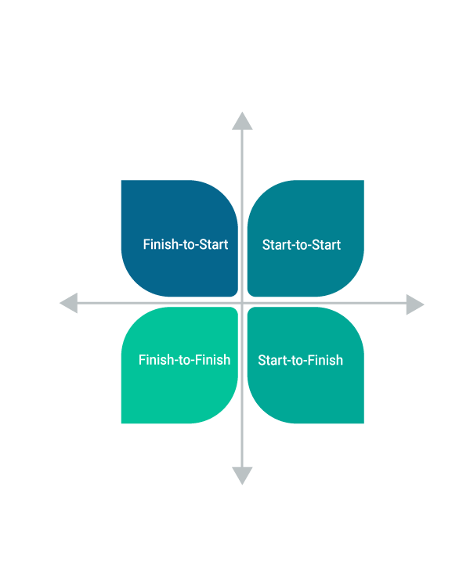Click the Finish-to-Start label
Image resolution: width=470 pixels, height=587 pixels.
point(186,244)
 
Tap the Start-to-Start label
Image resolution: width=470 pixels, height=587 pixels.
point(302,245)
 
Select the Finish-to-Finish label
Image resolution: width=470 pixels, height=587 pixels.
point(184,360)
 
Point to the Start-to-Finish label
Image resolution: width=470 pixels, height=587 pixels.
point(301,360)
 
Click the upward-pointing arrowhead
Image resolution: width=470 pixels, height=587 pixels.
point(242,121)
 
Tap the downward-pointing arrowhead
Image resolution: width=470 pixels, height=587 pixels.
point(242,476)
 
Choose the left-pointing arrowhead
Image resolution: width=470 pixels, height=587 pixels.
point(69,303)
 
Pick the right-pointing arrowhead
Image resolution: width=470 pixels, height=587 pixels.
point(415,304)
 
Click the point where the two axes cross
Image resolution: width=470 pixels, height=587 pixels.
point(242,303)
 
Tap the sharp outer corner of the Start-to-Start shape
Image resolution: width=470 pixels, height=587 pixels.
point(363,181)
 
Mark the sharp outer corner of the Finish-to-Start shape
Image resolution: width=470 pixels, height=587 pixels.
point(121,181)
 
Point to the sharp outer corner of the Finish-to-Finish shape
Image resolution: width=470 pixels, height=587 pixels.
point(121,423)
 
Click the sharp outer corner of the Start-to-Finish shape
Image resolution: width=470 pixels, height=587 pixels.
point(363,423)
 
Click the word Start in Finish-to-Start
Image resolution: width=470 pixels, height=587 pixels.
point(214,244)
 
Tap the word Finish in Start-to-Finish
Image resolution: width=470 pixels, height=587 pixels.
point(324,360)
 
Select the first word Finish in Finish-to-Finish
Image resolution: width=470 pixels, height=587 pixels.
point(157,360)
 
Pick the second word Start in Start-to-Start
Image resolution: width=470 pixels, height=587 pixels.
point(327,245)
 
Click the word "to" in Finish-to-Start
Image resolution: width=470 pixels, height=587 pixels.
point(189,245)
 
